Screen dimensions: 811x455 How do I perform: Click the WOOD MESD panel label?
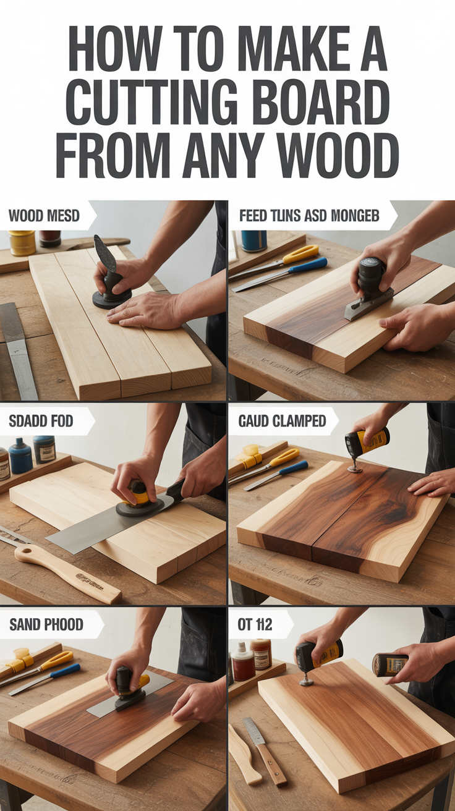44,216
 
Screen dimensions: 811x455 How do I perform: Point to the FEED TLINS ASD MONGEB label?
309,216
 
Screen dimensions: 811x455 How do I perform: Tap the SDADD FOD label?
41,421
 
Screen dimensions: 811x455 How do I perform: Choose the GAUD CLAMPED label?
282,421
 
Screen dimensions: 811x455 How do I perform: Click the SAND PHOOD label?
46,624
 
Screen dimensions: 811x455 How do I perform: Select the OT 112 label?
255,624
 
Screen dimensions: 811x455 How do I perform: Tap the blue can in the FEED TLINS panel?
253,240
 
